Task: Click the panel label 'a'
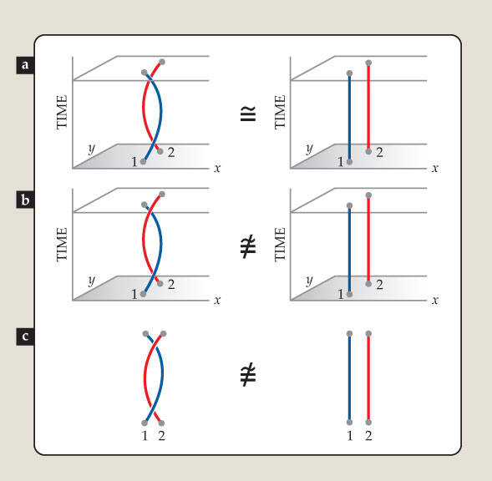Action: click(25, 65)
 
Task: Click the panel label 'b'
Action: click(25, 200)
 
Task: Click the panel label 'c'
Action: click(25, 337)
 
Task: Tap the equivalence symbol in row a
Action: click(248, 114)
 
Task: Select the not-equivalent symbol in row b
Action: click(248, 247)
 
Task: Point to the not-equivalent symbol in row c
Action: click(248, 375)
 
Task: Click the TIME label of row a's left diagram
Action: click(62, 112)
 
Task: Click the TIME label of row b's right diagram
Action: click(280, 244)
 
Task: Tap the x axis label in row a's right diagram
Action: click(435, 169)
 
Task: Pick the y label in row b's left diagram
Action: click(92, 281)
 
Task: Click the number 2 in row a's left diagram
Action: click(171, 153)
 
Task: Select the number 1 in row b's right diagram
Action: click(341, 294)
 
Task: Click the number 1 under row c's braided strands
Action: click(145, 436)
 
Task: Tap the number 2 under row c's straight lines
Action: click(368, 436)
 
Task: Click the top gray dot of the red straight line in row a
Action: click(368, 63)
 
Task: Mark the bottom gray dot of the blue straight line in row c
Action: click(349, 423)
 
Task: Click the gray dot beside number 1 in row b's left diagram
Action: click(143, 294)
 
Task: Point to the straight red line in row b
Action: click(368, 240)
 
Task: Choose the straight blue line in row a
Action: click(349, 118)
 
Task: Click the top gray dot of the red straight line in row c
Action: click(368, 333)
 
